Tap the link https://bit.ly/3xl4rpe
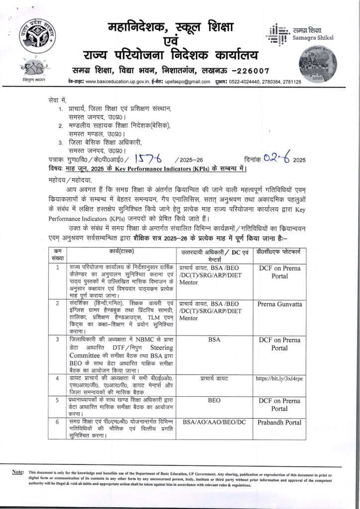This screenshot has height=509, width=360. (x=278, y=378)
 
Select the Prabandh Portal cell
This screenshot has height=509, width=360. (x=278, y=422)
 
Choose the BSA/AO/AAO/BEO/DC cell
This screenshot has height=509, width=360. (x=214, y=422)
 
